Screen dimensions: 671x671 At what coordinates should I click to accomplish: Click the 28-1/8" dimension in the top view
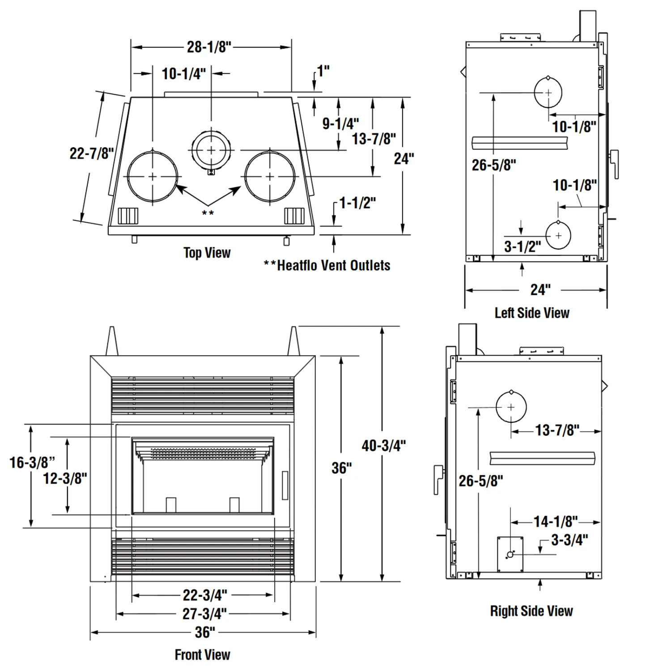(209, 47)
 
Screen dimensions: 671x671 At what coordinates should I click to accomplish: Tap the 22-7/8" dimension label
(91, 153)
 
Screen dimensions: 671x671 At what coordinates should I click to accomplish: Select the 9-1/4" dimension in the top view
(340, 123)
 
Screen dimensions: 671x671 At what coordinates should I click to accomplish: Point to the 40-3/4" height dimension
(383, 446)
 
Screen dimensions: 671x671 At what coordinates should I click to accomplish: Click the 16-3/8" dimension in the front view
(32, 462)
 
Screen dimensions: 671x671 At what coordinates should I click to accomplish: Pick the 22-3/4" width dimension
(204, 595)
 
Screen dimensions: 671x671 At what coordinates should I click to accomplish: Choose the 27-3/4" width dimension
(204, 614)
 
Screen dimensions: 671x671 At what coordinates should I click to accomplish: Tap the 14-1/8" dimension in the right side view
(556, 522)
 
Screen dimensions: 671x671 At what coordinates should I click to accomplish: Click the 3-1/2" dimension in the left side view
(522, 246)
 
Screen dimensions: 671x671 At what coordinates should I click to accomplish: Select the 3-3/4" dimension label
(569, 540)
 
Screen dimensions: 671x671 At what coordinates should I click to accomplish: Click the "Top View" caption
(207, 253)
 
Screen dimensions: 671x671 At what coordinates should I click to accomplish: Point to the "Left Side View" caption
(532, 313)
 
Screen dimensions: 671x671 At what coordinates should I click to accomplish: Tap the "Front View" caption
(202, 655)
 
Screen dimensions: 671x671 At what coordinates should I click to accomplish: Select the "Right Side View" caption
(531, 611)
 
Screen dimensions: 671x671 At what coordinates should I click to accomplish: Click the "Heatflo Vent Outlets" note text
(333, 266)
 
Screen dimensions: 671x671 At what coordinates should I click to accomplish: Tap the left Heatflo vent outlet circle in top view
(153, 176)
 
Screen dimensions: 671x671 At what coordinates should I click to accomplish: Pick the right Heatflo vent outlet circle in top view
(270, 176)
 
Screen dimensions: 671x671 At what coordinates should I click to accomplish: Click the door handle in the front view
(285, 485)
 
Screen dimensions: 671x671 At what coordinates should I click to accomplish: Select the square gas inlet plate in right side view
(510, 554)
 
